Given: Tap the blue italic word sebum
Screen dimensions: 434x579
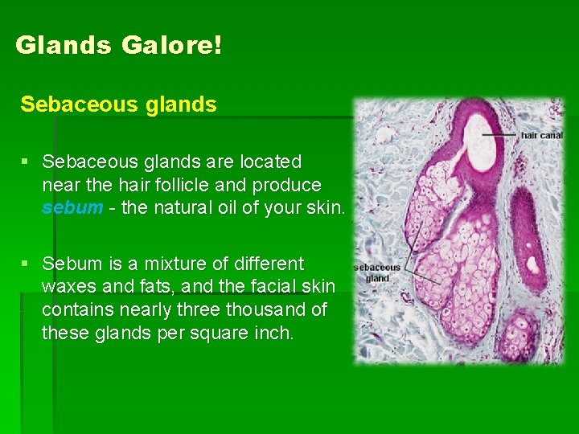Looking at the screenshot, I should (x=72, y=208).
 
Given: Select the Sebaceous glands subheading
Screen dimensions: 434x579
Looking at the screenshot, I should (x=118, y=104).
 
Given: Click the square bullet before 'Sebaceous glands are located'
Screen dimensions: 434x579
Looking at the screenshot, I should (x=27, y=162).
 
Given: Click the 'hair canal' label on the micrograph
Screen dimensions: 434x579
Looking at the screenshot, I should (x=541, y=136).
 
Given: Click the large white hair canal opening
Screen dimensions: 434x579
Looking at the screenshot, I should (x=479, y=141).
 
